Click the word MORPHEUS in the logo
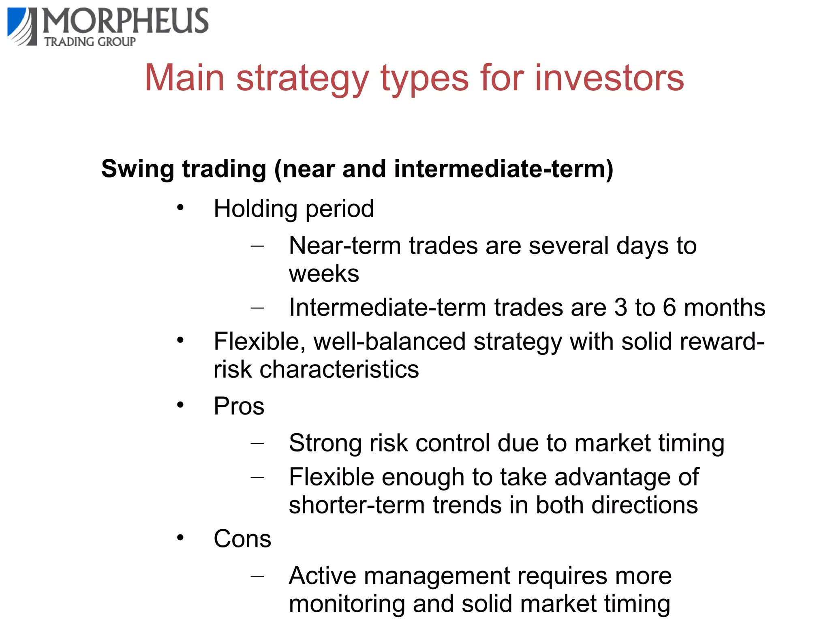[x=126, y=21]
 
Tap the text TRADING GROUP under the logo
[x=90, y=42]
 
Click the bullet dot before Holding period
[x=180, y=208]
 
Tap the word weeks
[x=324, y=274]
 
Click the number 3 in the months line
[x=620, y=307]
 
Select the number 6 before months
[x=669, y=307]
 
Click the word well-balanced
[x=389, y=341]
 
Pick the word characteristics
[x=339, y=369]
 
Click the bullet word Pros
[x=239, y=406]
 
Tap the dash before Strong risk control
[x=257, y=443]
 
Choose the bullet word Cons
[x=242, y=539]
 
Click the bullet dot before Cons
[x=180, y=538]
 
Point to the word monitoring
[x=347, y=604]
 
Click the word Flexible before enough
[x=332, y=477]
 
